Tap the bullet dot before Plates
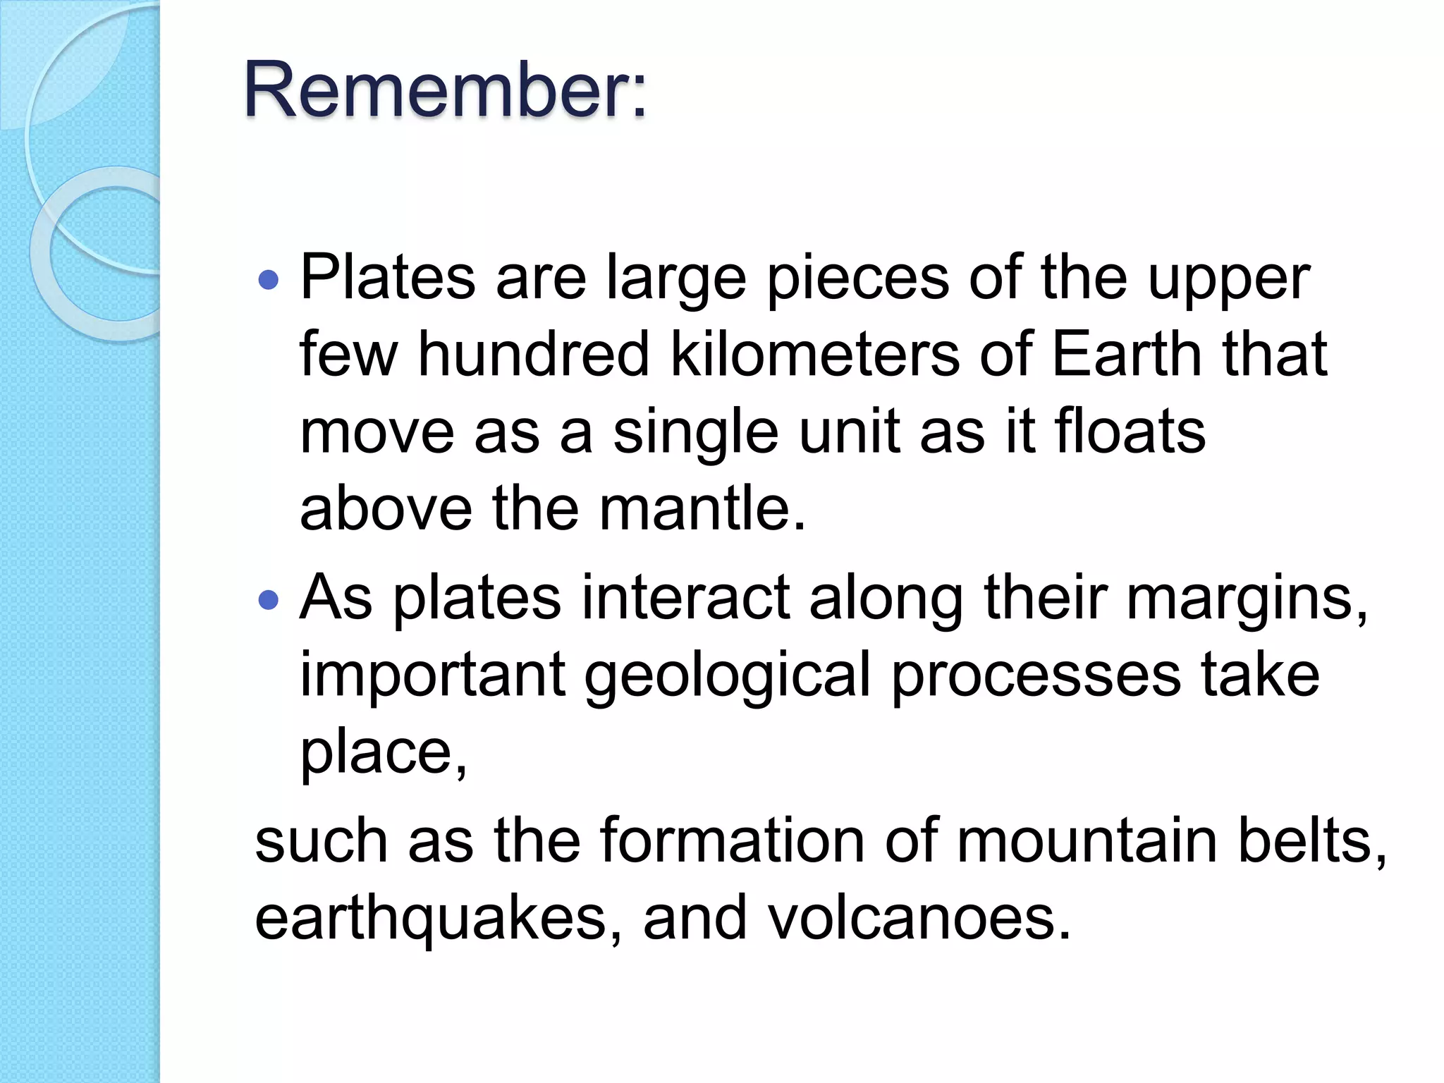coord(269,281)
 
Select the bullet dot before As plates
coord(269,600)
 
